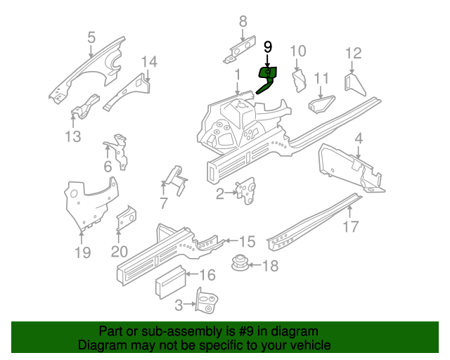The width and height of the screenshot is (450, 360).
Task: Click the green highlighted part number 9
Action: (x=268, y=76)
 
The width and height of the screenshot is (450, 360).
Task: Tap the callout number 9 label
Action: (x=267, y=47)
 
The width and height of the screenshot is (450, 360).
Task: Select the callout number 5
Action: (x=91, y=37)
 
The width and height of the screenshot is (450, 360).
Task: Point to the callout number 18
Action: (x=271, y=266)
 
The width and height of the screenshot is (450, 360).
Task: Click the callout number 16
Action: (x=207, y=276)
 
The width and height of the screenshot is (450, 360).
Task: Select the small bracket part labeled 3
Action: (x=206, y=303)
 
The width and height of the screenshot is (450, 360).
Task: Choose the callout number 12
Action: (x=353, y=53)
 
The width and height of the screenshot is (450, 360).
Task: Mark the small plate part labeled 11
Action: (x=321, y=103)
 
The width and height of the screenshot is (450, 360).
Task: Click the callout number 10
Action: (x=298, y=51)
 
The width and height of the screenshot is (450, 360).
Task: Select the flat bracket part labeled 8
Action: (x=241, y=49)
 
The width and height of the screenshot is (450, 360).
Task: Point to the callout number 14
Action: (x=148, y=62)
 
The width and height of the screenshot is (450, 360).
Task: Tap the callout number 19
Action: (x=82, y=252)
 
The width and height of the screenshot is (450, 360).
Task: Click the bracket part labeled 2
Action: (x=246, y=191)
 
